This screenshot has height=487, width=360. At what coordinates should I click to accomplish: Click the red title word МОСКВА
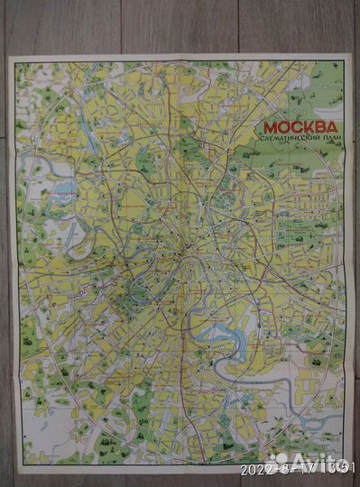pyautogui.click(x=300, y=127)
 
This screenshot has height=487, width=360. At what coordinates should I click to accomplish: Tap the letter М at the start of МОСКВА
pyautogui.click(x=271, y=127)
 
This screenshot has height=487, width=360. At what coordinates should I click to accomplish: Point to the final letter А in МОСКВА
pyautogui.click(x=330, y=127)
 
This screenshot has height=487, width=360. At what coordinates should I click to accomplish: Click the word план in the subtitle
pyautogui.click(x=327, y=142)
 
